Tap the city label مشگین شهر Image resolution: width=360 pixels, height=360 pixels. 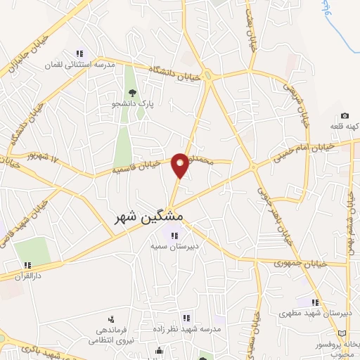pos(148,218)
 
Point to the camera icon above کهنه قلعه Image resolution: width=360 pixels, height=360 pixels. pos(345,115)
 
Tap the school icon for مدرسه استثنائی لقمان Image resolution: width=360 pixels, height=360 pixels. pos(79,53)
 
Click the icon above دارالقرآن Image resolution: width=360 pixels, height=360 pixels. pos(27,265)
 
